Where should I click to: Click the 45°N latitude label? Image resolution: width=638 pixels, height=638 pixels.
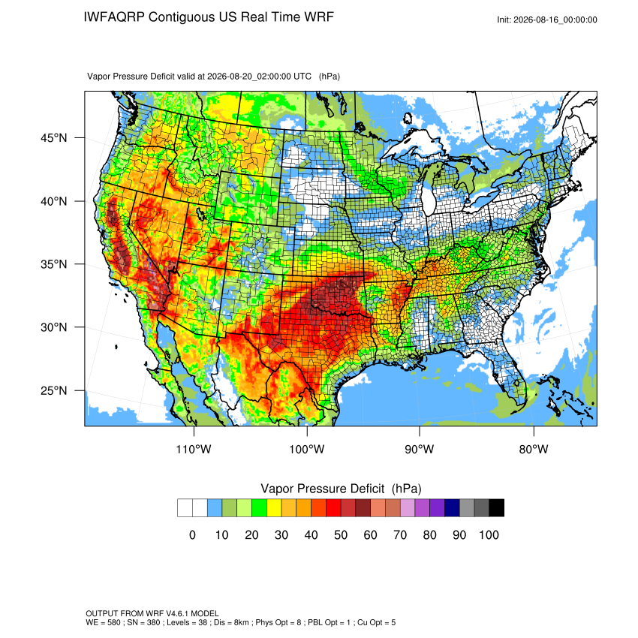tap(54, 138)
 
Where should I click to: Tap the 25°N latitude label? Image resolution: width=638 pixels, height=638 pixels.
tap(54, 390)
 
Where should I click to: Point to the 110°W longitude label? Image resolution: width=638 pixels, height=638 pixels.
tap(194, 449)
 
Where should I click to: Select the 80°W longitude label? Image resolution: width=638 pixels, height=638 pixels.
tap(534, 449)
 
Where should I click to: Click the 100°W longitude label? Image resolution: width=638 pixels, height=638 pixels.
tap(307, 449)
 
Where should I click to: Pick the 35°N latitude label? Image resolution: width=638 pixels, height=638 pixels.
tap(54, 264)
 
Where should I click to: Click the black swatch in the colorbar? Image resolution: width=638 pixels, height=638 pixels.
tap(496, 508)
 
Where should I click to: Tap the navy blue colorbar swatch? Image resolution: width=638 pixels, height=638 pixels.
tap(452, 508)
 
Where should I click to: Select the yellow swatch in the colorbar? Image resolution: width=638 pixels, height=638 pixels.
tap(274, 508)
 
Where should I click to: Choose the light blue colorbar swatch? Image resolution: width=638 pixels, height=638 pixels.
tap(215, 508)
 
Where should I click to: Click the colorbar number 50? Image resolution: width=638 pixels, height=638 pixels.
tap(341, 534)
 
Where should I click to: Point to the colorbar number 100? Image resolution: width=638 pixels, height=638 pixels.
tap(489, 534)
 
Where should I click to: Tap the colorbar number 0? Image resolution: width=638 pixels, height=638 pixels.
tap(192, 534)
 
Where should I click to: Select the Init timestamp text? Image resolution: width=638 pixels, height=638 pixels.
tap(547, 20)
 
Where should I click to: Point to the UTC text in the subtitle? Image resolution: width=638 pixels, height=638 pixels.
tap(302, 76)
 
